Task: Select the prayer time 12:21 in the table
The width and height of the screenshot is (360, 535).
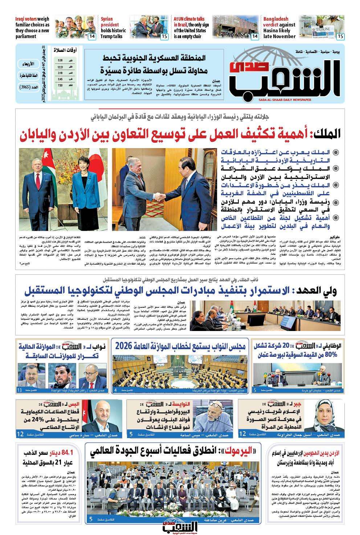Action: (x=60, y=67)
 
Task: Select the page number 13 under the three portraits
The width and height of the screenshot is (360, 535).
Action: (x=20, y=390)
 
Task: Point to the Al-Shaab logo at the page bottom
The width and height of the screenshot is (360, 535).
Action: (x=180, y=525)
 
